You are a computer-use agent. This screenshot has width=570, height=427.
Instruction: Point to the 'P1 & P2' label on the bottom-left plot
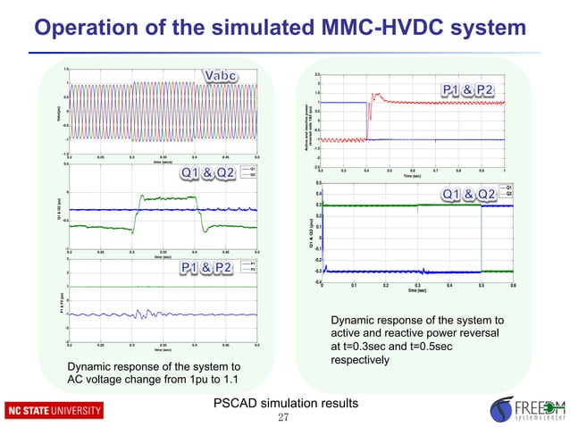207,268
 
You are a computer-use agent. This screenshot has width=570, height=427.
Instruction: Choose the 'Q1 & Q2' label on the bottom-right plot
473,195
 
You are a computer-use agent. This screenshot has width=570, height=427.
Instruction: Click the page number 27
284,418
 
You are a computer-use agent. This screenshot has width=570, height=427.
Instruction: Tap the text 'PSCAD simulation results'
285,404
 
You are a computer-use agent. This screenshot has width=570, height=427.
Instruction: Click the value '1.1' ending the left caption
241,381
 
